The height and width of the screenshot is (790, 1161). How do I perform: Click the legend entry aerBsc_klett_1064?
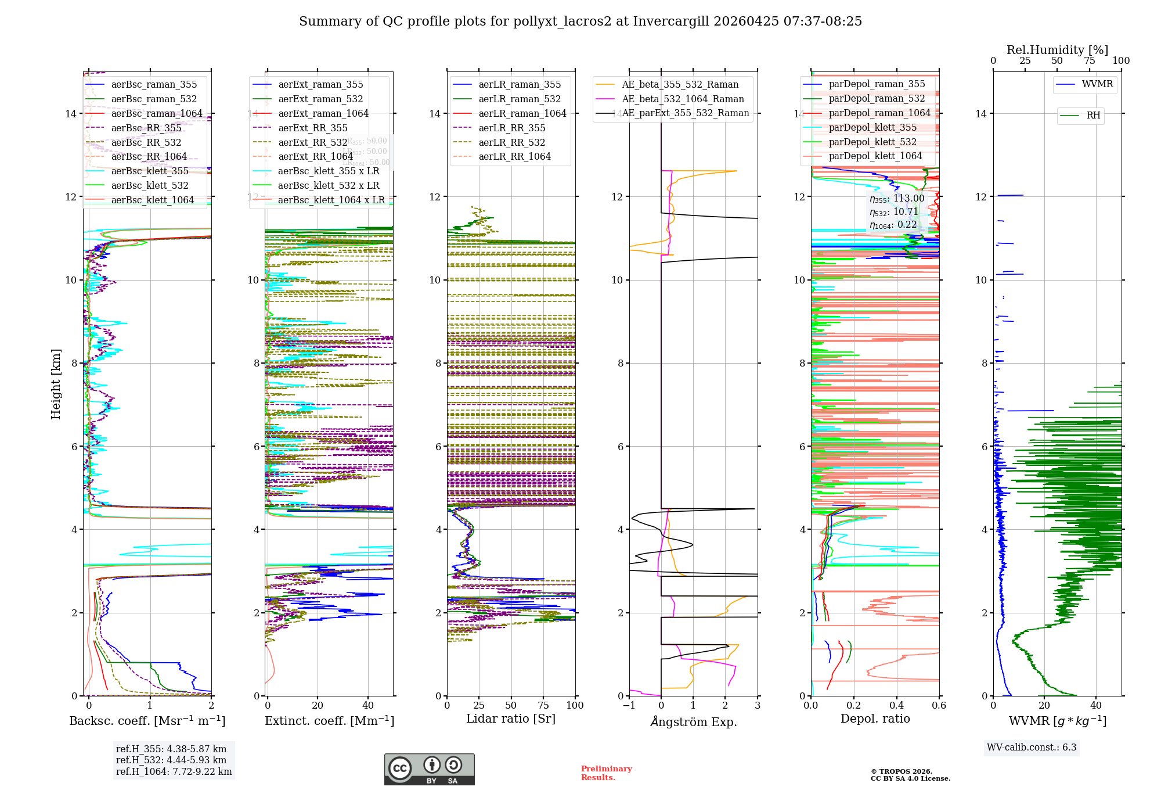(152, 200)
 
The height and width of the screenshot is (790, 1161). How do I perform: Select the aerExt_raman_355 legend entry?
(320, 85)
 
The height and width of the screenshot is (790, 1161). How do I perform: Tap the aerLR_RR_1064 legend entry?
(514, 157)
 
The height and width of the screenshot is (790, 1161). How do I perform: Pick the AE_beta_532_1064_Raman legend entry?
(683, 99)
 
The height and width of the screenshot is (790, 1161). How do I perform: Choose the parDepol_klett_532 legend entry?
(872, 142)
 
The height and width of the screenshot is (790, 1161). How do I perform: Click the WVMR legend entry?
(1097, 84)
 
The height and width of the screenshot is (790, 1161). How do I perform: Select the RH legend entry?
(1093, 116)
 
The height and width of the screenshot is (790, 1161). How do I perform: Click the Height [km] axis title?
(56, 384)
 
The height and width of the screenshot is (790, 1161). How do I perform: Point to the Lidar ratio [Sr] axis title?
(511, 719)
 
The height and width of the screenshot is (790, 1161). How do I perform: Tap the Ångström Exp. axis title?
(694, 722)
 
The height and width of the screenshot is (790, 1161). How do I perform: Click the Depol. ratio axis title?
(875, 719)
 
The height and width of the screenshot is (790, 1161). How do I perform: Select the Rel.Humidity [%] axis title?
(1058, 50)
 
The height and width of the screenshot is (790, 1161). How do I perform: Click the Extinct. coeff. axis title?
(329, 721)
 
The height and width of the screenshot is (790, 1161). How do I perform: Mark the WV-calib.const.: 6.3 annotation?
(1032, 748)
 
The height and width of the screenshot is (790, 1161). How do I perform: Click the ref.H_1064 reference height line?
(174, 772)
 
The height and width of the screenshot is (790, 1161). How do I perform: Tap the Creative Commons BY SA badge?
(429, 770)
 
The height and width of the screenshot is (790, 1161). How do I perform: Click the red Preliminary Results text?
(607, 773)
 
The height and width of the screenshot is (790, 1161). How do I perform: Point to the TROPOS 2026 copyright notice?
(910, 775)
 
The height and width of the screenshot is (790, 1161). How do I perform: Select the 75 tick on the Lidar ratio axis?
(543, 706)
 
